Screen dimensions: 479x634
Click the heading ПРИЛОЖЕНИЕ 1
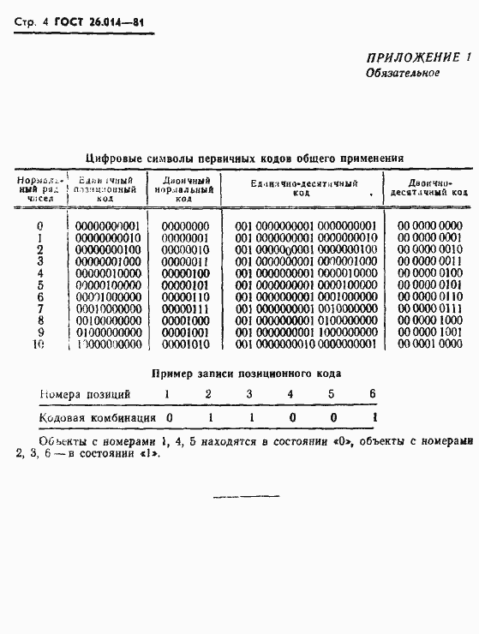coord(420,57)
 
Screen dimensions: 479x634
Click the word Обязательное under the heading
coord(403,73)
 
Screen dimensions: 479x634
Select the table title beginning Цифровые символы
coord(245,158)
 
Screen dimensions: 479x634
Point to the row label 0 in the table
coord(39,226)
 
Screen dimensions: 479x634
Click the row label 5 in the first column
coord(39,284)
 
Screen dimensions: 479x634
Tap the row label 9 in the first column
coord(39,332)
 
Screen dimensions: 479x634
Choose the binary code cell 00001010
coord(184,344)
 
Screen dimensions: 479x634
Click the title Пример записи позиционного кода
coord(246,374)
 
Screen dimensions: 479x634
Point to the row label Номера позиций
coord(85,394)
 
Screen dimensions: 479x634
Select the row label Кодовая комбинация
coord(98,418)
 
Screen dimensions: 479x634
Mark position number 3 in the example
coord(249,394)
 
